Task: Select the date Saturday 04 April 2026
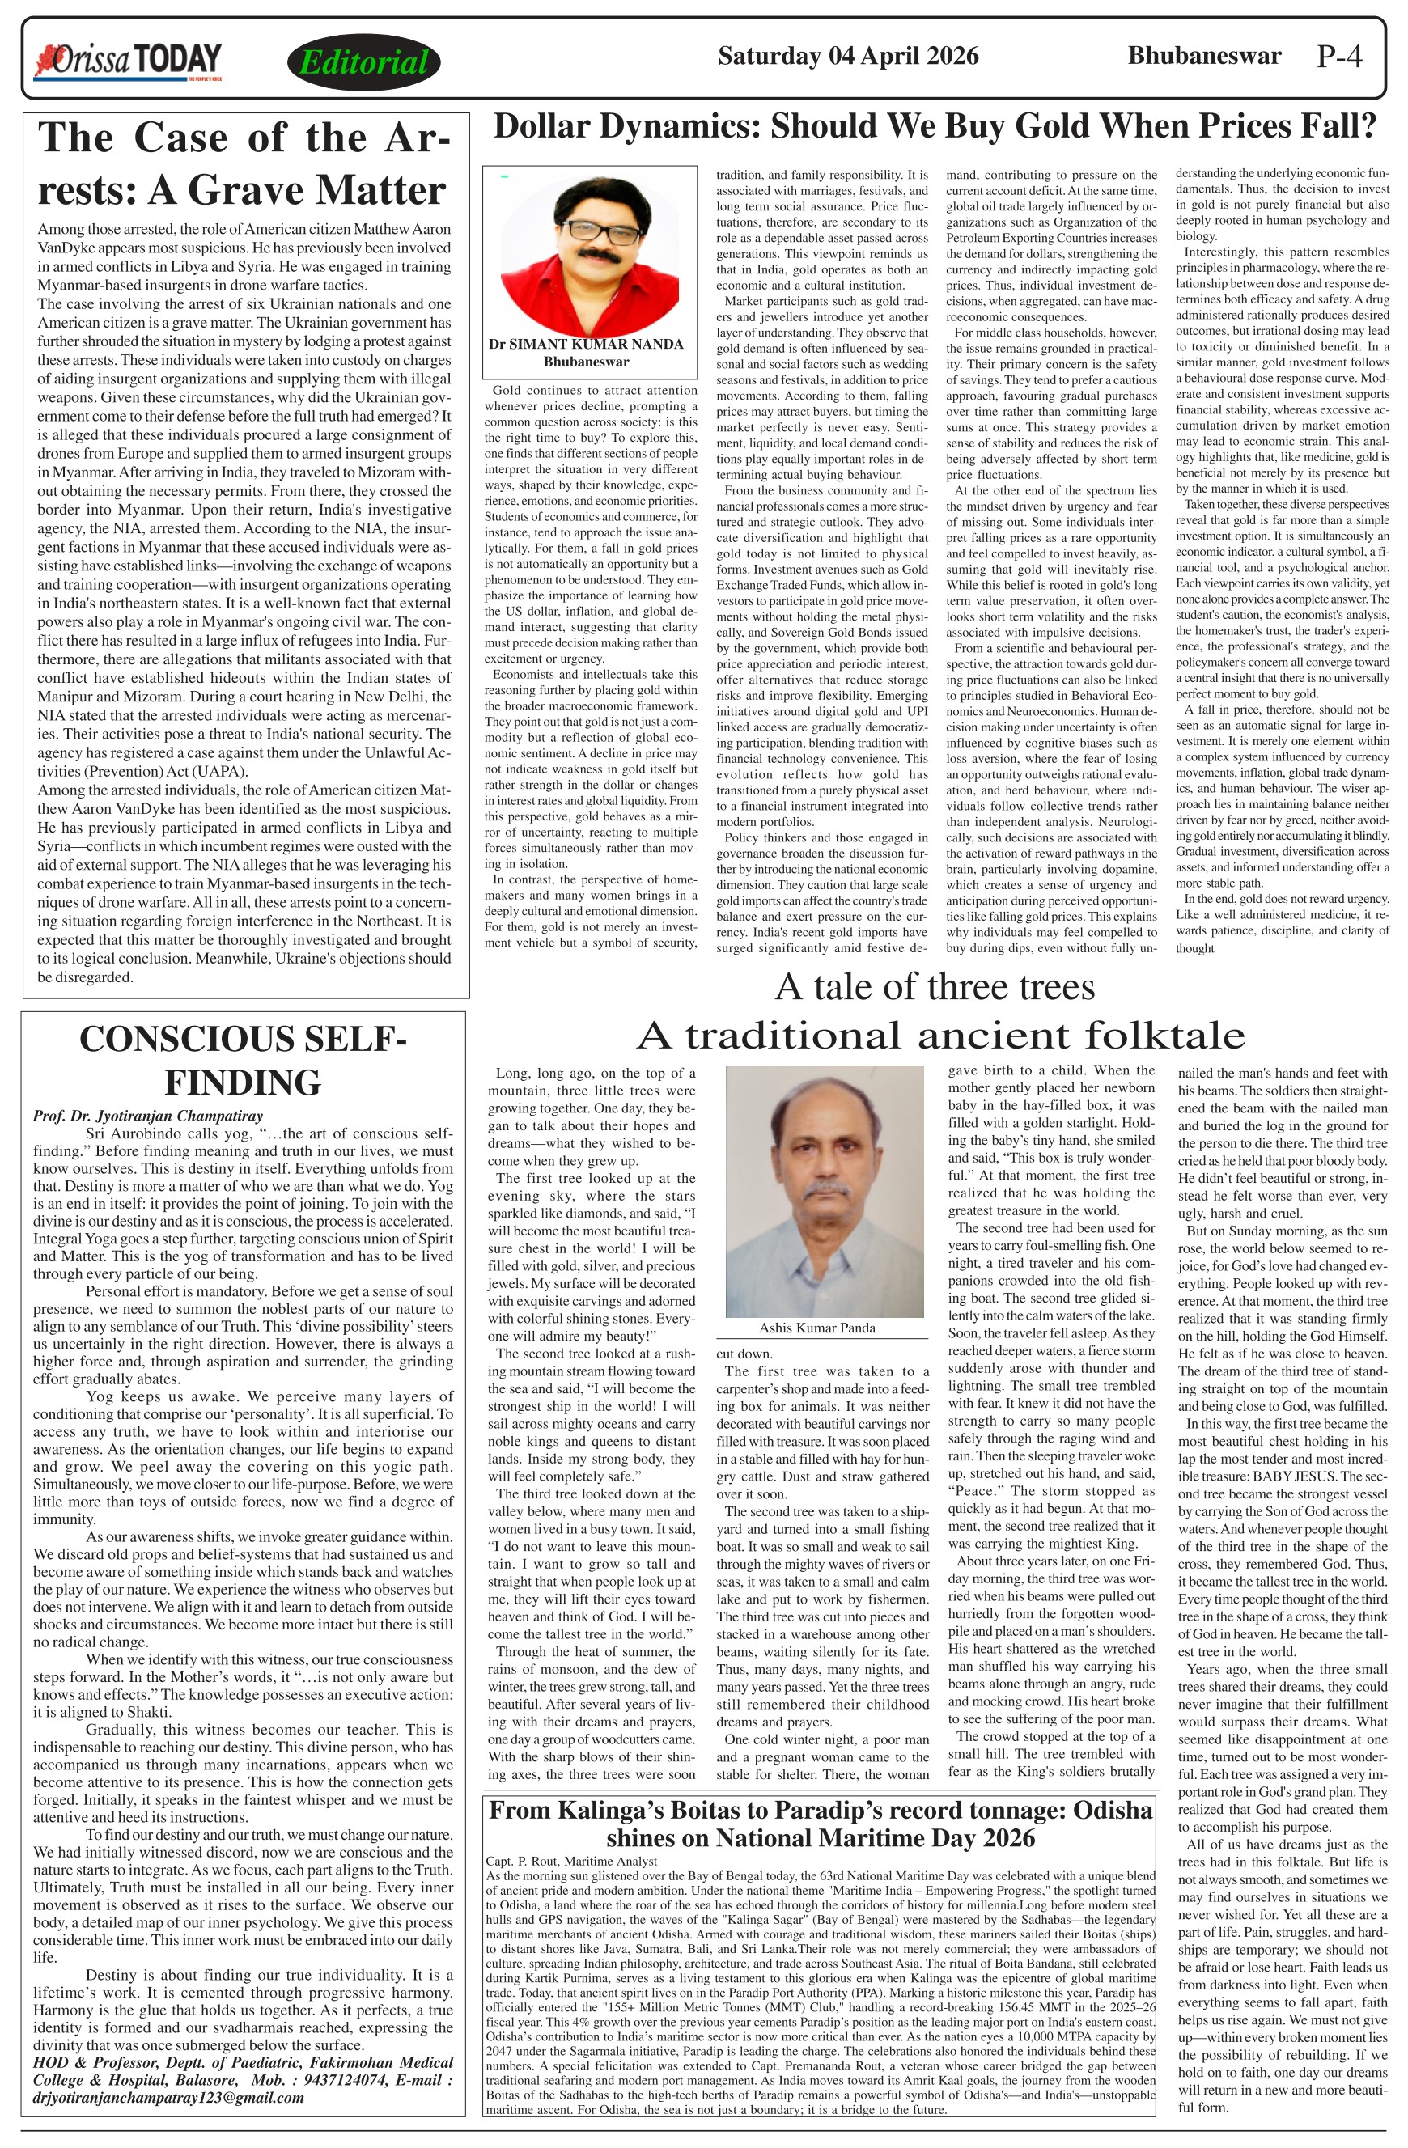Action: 847,56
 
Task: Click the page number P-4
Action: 1339,57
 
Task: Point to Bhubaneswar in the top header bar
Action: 1204,56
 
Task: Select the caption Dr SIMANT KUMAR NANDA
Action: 586,344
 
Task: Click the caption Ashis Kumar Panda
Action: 816,1328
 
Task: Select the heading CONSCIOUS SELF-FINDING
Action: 243,1061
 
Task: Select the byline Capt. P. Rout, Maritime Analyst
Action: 571,1861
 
